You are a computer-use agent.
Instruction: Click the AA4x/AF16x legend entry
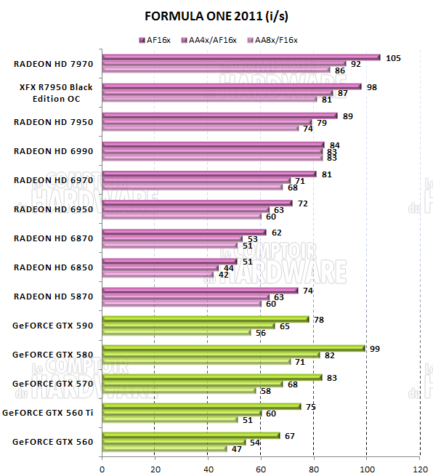pyautogui.click(x=211, y=41)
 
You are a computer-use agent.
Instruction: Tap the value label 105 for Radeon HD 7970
pyautogui.click(x=393, y=57)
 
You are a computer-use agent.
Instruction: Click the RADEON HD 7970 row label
pyautogui.click(x=52, y=63)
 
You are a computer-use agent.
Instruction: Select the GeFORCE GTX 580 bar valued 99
pyautogui.click(x=232, y=348)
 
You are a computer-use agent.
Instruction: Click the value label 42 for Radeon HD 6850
pyautogui.click(x=224, y=275)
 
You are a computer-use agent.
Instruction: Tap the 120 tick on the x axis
pyautogui.click(x=420, y=468)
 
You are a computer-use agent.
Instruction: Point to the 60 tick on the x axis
pyautogui.click(x=262, y=468)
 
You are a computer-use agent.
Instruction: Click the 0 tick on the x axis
pyautogui.click(x=102, y=468)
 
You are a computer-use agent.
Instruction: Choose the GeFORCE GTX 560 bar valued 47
pyautogui.click(x=164, y=448)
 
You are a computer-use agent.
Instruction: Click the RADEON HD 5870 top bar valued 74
pyautogui.click(x=200, y=290)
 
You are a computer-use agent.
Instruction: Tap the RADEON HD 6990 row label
pyautogui.click(x=52, y=150)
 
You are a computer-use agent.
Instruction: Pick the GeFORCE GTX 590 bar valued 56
pyautogui.click(x=176, y=332)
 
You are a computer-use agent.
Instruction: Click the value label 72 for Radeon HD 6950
pyautogui.click(x=304, y=203)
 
